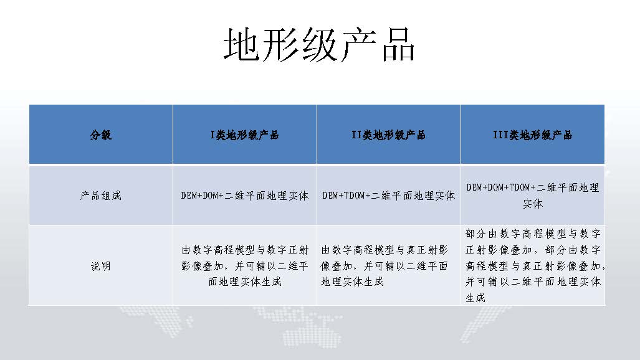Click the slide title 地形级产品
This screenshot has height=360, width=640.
coord(319,45)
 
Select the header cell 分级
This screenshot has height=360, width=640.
coord(101,135)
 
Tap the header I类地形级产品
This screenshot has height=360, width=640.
coord(244,135)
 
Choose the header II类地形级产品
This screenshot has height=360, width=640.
coord(388,135)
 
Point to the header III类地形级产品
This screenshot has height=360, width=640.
coord(533,135)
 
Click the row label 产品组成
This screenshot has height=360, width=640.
coord(101,196)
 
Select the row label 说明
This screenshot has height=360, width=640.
coord(101,266)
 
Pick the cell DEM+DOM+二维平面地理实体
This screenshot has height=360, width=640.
coord(244,196)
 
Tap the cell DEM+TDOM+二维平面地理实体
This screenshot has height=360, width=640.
coord(388,196)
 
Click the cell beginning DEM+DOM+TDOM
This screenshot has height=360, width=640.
coord(533,196)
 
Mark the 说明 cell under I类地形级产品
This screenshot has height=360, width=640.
coord(244,266)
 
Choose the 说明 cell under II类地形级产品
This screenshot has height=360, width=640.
coord(384,266)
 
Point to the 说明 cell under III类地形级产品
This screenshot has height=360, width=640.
coord(535,266)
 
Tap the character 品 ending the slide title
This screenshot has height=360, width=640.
coord(398,45)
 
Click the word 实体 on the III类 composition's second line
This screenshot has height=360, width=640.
coord(533,204)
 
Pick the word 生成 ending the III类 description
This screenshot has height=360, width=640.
coord(475,298)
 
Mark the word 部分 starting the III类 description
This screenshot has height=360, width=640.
coord(475,234)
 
